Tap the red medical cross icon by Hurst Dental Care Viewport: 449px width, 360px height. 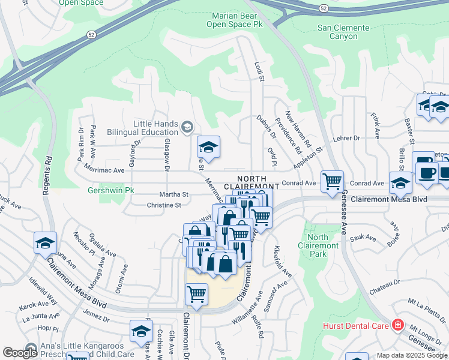397,325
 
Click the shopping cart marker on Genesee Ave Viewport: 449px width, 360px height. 332,181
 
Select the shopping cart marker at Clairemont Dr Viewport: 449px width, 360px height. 196,294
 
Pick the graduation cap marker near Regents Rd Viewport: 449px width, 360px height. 45,243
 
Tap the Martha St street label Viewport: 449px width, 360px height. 174,194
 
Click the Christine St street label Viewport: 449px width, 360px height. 164,205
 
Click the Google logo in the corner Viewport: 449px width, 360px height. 20,353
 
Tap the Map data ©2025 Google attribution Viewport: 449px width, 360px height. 411,355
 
